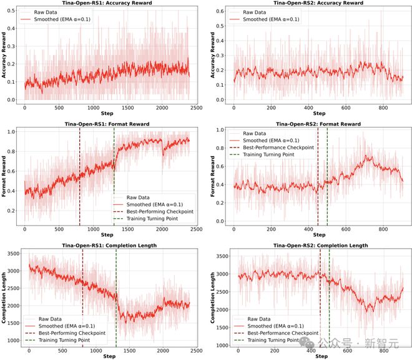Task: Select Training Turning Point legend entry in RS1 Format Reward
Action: pos(152,219)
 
